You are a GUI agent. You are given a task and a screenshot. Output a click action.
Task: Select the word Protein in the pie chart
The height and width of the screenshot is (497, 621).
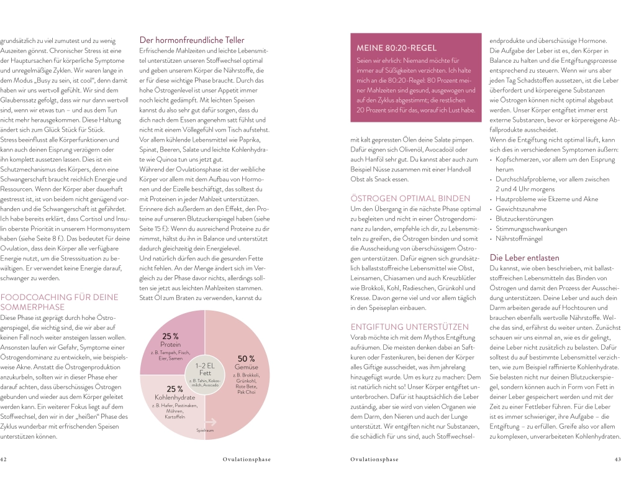pyautogui.click(x=171, y=344)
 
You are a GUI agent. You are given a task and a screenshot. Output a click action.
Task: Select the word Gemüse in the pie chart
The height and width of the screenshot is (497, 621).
pyautogui.click(x=247, y=368)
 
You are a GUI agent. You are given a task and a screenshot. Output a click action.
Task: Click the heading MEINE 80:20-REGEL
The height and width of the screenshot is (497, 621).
pyautogui.click(x=396, y=48)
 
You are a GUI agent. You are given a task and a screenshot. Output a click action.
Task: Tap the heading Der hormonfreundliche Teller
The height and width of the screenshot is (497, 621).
pyautogui.click(x=192, y=40)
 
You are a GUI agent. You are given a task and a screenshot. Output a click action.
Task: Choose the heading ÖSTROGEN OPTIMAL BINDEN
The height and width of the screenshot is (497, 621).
pyautogui.click(x=410, y=198)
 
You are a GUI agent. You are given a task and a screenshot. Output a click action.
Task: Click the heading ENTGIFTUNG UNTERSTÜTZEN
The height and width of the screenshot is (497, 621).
pyautogui.click(x=410, y=326)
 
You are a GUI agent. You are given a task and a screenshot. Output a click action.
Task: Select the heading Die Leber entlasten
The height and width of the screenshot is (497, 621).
pyautogui.click(x=524, y=257)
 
